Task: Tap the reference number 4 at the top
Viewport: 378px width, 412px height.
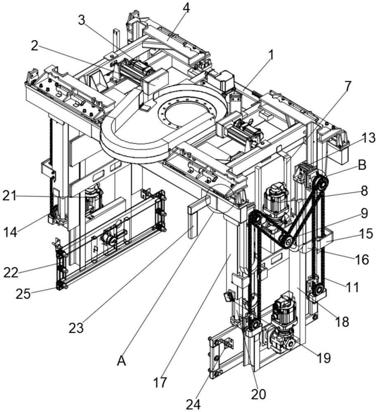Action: pos(187,8)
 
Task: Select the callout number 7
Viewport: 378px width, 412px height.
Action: pos(347,87)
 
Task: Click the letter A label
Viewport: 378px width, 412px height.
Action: pos(121,361)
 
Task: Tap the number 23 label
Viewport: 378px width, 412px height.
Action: pos(76,328)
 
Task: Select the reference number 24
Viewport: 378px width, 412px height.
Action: pos(193,404)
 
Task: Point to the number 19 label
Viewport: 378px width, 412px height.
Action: pos(324,358)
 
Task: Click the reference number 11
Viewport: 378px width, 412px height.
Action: pos(353,287)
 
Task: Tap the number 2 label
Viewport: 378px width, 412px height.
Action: pos(34,46)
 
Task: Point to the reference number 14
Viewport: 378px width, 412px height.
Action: pos(11,232)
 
